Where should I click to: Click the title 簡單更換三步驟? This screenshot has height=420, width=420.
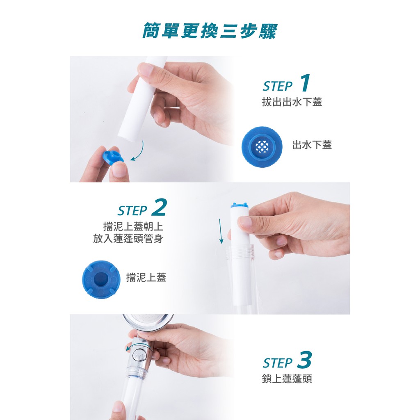pos(210,31)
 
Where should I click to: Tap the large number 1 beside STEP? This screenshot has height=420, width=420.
pos(305,83)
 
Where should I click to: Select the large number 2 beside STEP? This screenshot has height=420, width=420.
pos(159,207)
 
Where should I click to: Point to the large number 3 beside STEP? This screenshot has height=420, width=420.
pos(304,359)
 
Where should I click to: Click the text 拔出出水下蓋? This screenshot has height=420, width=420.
pos(292,102)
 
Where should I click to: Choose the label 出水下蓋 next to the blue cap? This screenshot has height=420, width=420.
pos(312,145)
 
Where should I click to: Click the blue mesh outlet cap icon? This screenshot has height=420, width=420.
pos(262,146)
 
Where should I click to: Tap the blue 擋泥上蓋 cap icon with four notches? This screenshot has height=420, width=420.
pos(101,279)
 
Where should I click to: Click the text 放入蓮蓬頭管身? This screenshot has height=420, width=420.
pos(128,239)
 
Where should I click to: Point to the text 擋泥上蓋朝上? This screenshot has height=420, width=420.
pos(133,226)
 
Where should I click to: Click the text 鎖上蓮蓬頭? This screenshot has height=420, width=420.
pos(287,379)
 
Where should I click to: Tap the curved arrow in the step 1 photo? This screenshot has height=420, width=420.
pos(140,153)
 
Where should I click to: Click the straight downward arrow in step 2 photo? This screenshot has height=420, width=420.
pos(220,231)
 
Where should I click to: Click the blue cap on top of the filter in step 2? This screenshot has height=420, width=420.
pos(239,205)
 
